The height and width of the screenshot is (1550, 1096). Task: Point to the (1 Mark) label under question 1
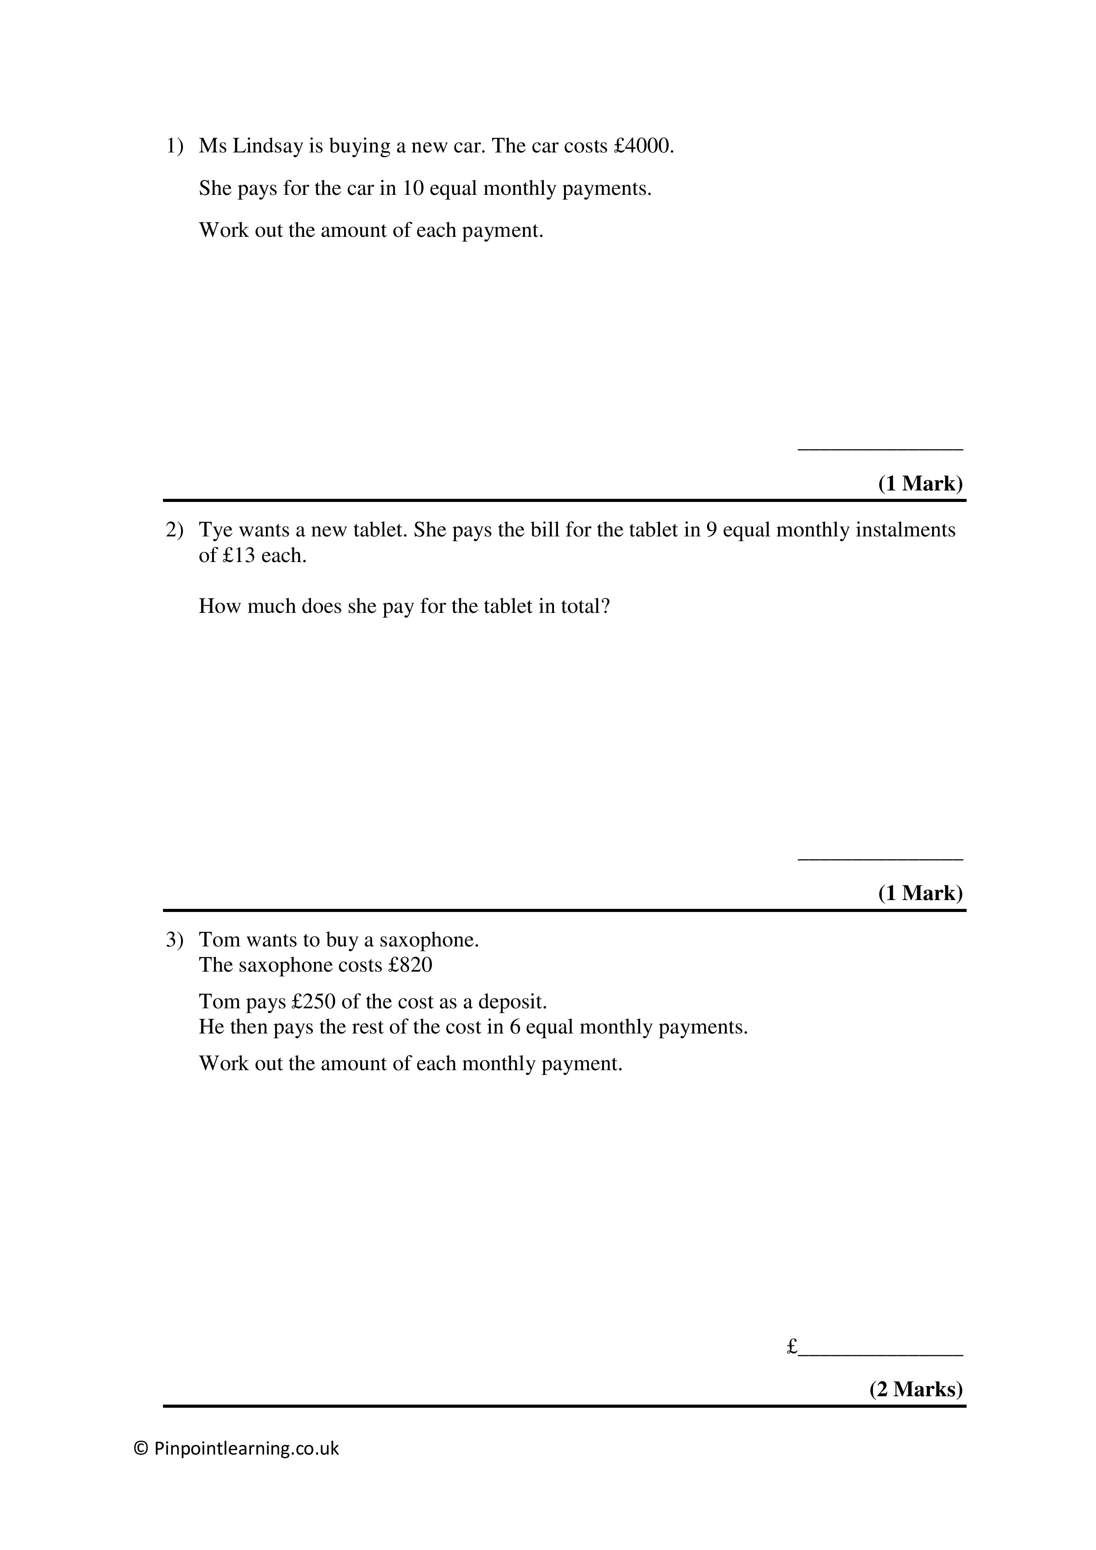(920, 483)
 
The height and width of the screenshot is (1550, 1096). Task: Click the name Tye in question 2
(216, 530)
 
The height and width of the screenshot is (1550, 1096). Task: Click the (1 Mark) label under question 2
(920, 893)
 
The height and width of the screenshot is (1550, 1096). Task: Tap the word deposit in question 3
(512, 1001)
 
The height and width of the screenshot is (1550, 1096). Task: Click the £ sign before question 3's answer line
(793, 1347)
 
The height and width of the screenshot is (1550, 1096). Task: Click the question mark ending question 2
(605, 606)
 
